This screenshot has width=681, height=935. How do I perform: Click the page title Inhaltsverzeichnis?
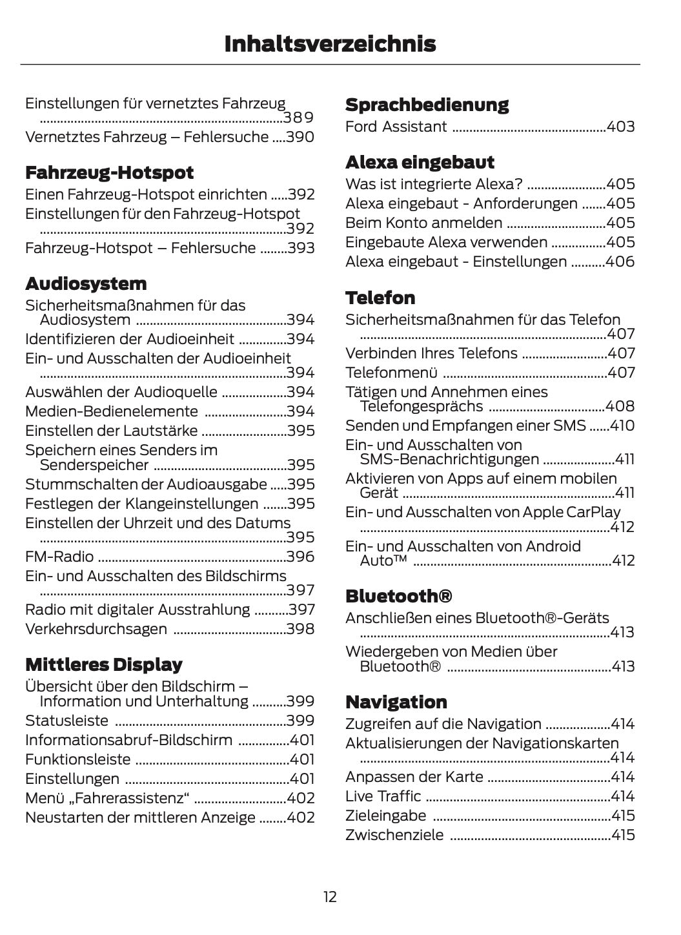coord(330,44)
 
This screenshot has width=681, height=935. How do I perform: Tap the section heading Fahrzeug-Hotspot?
coord(109,172)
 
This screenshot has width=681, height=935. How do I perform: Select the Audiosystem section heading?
coord(86,283)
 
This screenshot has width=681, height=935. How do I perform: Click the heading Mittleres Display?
coord(103,664)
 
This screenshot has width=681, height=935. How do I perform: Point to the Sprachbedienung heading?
coord(427,105)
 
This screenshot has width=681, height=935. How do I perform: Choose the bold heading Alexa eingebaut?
coord(420,162)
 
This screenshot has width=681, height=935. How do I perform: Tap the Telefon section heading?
coord(380,298)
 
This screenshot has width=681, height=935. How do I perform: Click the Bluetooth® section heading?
coord(398,595)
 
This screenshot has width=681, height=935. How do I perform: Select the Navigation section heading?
coord(396,702)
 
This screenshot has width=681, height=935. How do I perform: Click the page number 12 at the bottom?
coord(330,896)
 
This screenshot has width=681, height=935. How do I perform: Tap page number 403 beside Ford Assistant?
coord(620,127)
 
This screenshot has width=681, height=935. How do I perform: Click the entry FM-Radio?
coord(59,557)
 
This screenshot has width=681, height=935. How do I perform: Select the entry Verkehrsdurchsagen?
coord(96,629)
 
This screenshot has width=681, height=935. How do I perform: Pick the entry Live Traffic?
coord(383,796)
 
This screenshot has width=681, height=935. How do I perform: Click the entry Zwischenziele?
coord(394,835)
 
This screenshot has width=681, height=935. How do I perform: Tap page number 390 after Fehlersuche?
coord(300,137)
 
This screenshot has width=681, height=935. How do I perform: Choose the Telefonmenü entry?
coord(391,373)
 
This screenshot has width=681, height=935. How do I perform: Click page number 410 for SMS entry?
coord(622,426)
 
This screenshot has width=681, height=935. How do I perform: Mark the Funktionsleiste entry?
coord(77,759)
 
